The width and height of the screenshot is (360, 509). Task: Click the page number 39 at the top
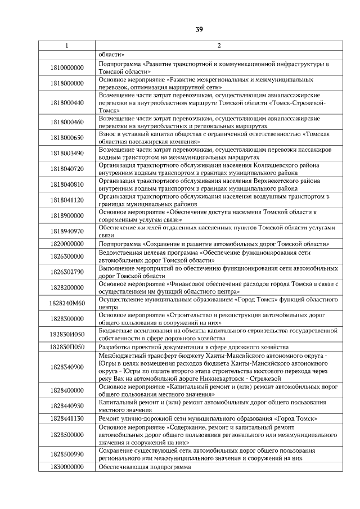tap(199, 29)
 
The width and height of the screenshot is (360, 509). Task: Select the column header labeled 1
tap(66, 46)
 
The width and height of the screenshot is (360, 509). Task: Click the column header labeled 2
tap(219, 46)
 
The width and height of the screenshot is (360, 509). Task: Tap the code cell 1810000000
tap(66, 68)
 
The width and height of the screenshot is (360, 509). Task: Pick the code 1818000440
tap(66, 103)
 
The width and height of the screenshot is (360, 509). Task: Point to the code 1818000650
tap(66, 138)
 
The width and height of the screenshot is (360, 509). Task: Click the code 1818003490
tap(66, 153)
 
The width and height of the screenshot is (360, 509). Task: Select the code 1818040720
tap(66, 169)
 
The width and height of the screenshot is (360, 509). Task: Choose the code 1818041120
tap(66, 200)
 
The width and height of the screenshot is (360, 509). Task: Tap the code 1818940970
tap(66, 231)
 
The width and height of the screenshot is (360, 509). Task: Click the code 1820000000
tap(66, 244)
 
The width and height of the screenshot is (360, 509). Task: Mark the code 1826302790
tap(66, 272)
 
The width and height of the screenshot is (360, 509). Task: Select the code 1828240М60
tap(66, 304)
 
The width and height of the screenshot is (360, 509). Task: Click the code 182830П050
tap(66, 347)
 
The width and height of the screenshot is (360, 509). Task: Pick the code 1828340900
tap(66, 367)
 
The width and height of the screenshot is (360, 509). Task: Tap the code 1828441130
tap(66, 419)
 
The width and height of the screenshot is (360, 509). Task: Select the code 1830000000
tap(66, 467)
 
